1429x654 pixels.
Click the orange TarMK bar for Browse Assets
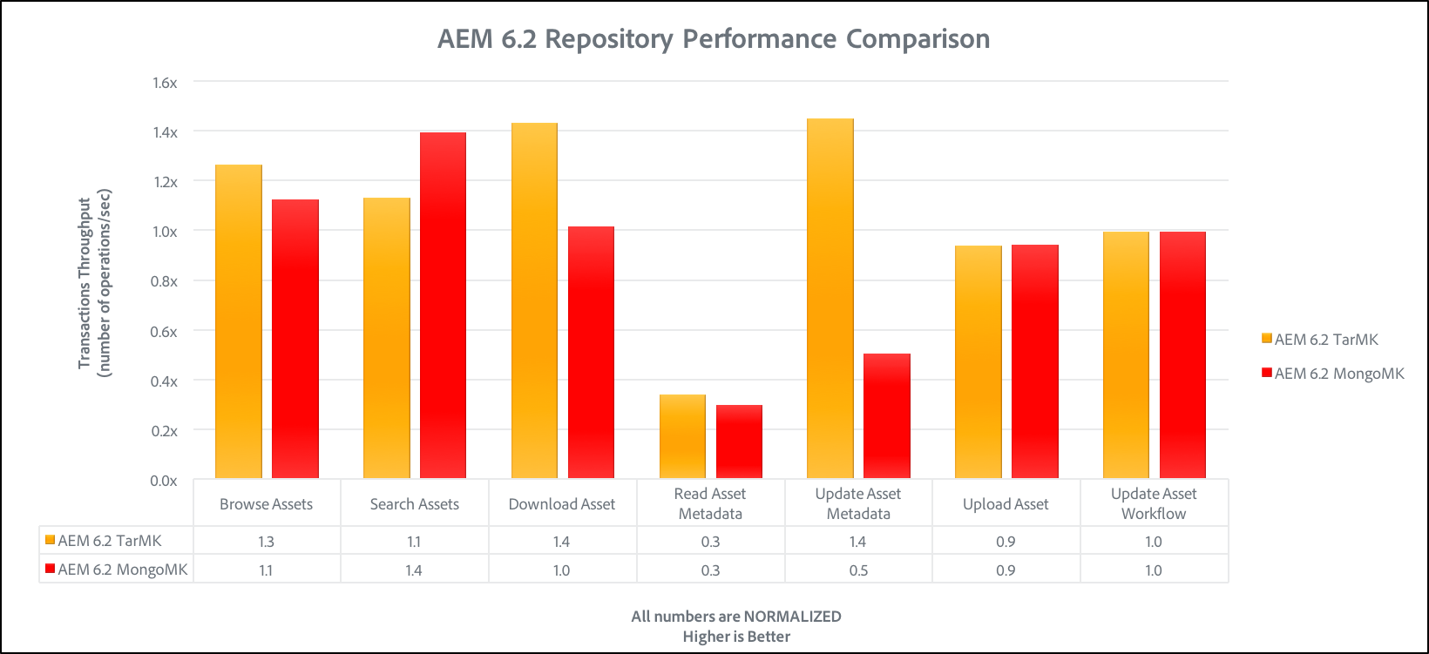click(x=238, y=322)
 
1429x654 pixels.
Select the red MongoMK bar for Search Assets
click(x=443, y=305)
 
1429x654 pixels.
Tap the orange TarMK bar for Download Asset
click(x=534, y=300)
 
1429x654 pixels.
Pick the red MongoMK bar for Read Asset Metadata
click(x=739, y=442)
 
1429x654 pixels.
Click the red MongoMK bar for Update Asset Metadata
click(x=887, y=416)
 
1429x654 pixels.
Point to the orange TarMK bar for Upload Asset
click(x=978, y=362)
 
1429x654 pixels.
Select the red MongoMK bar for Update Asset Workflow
click(x=1182, y=355)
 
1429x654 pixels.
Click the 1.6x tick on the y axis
click(x=165, y=83)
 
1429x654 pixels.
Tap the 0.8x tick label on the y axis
click(x=165, y=281)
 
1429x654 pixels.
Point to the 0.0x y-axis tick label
click(x=164, y=481)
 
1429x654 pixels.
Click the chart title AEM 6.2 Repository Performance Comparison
click(x=714, y=39)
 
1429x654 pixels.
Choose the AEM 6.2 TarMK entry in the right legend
click(x=1325, y=340)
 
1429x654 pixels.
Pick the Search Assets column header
click(x=414, y=504)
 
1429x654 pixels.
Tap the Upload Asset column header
click(x=1006, y=504)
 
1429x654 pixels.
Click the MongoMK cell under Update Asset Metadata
click(x=858, y=570)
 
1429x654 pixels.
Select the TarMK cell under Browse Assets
click(x=266, y=542)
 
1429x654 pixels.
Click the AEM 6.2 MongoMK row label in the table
click(x=122, y=570)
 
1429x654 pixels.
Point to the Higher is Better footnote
click(x=736, y=637)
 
